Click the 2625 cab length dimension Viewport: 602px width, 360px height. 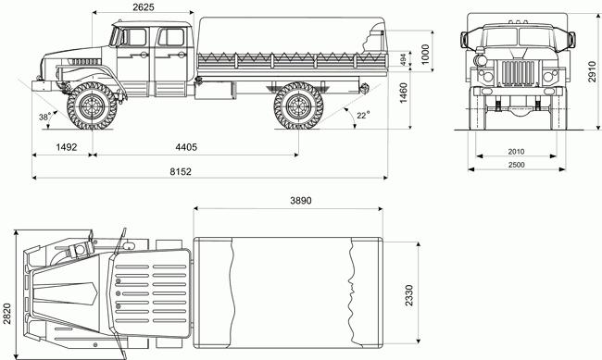coord(144,6)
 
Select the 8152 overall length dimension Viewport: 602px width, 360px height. coord(181,171)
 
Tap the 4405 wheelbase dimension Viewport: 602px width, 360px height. coord(186,147)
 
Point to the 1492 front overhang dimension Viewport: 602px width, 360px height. coord(67,147)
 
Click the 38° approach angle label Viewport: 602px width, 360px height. coord(45,117)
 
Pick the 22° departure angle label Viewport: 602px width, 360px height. coord(363,115)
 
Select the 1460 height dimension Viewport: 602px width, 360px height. coord(404,93)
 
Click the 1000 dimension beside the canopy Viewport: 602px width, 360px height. coord(425,55)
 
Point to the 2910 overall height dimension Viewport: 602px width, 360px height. coord(592,71)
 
